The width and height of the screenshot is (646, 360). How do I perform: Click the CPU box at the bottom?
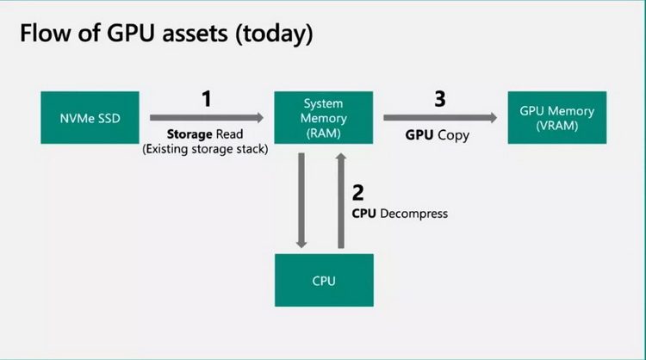tap(324, 280)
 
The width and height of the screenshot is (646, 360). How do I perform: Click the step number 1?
tap(206, 98)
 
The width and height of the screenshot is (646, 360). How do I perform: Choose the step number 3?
tap(439, 98)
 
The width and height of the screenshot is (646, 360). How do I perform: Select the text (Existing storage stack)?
tap(206, 150)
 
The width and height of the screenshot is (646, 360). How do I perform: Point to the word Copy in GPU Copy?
tap(454, 136)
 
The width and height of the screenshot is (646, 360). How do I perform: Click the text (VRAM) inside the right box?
tap(557, 126)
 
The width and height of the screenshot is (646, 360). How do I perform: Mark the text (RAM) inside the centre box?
tap(324, 133)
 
